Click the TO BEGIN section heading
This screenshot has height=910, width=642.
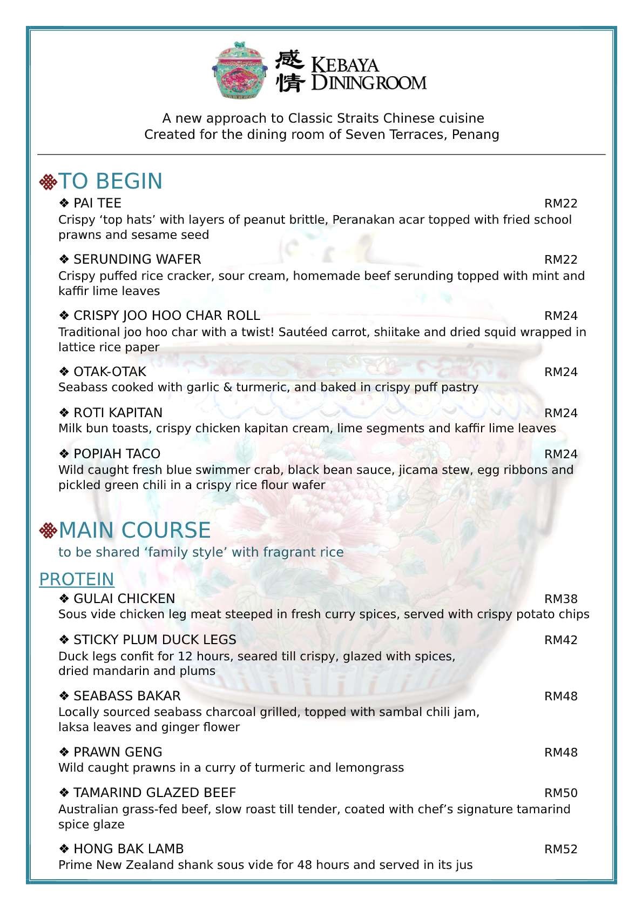coord(110,182)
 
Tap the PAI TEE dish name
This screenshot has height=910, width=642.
coord(97,203)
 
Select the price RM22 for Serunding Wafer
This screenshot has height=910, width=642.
coord(560,260)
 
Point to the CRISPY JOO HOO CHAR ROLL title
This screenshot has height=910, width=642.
coord(166,316)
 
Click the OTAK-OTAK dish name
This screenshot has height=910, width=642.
coord(110,372)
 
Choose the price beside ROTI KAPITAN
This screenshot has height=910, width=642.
coord(560,413)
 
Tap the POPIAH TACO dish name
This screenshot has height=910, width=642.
coord(117,454)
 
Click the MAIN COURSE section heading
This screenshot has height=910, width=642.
coord(134,531)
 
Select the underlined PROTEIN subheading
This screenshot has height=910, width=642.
coord(77,579)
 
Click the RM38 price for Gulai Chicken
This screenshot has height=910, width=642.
coord(560,599)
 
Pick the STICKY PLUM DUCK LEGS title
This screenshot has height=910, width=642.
coord(154,640)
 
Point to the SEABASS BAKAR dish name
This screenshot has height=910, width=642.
coord(127,696)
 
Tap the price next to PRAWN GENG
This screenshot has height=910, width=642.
coord(560,753)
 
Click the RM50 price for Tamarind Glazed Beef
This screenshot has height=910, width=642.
coord(560,793)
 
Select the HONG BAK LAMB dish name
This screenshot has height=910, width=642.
coord(129,849)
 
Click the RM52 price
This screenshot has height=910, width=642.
coord(560,849)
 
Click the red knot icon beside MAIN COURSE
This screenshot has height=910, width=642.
coord(48,531)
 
